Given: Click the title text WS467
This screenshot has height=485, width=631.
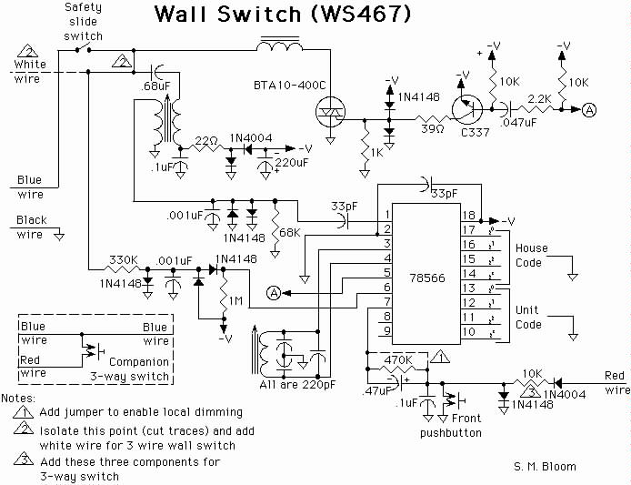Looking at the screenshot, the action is click(360, 14).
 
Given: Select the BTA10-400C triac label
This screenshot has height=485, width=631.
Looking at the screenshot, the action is click(289, 86).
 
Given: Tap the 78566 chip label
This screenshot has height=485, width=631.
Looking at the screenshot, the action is click(427, 278).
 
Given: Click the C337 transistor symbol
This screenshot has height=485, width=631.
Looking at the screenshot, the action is click(466, 109).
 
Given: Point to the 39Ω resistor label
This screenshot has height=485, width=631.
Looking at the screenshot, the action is click(433, 129).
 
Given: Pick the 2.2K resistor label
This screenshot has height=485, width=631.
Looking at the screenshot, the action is click(539, 98).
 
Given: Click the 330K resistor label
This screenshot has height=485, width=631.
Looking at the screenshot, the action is click(123, 260).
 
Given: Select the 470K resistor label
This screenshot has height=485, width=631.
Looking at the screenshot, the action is click(398, 359).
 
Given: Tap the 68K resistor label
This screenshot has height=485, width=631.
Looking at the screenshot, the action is click(290, 232).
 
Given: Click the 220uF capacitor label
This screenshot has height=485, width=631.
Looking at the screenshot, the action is click(291, 163).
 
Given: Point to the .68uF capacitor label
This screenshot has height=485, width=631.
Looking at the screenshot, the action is click(155, 86).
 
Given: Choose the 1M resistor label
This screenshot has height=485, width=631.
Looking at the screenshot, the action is click(235, 300).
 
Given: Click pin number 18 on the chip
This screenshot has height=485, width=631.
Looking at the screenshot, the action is click(469, 216).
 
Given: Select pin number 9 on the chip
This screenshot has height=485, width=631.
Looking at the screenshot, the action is click(386, 330).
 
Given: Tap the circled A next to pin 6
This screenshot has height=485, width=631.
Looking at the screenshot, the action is click(274, 293).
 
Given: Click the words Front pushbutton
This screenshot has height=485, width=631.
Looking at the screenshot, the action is click(451, 426).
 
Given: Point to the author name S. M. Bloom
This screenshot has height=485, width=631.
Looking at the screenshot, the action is click(545, 467).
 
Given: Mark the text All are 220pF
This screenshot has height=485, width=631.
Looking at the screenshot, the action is click(297, 385).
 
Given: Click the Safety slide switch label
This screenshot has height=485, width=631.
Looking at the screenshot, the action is click(84, 22).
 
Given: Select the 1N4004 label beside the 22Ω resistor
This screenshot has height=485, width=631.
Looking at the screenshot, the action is click(251, 138).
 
